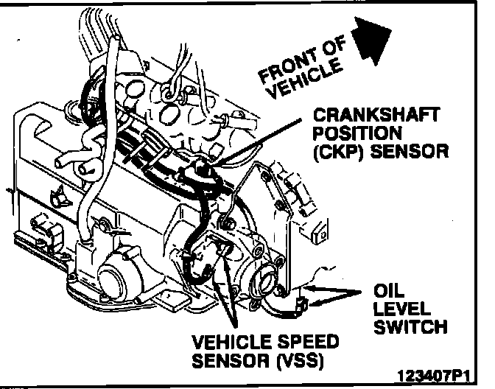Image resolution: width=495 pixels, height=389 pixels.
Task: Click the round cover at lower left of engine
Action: [113, 278]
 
